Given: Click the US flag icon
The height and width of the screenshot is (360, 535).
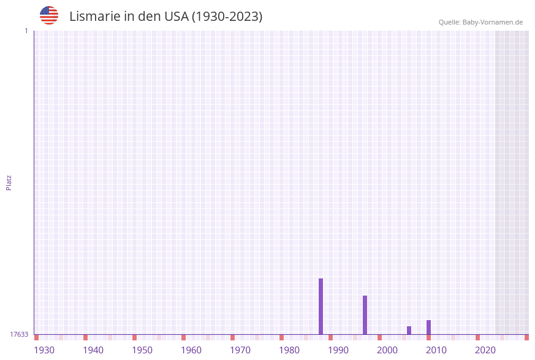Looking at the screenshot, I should pos(49,15).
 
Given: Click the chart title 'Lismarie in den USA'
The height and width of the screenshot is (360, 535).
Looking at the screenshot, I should pos(165,17).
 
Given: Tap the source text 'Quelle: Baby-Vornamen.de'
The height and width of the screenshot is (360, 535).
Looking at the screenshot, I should pos(480,22).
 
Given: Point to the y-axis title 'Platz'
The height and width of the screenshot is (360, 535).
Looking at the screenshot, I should pos(9,182).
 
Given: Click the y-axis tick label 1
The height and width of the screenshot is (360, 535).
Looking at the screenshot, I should pos(26,31).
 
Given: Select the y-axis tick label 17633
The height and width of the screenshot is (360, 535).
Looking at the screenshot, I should pos(19,334).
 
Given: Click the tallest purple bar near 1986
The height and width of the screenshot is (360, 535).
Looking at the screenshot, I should pos(321,307).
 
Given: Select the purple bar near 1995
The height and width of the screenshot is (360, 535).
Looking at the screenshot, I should pos(365,315).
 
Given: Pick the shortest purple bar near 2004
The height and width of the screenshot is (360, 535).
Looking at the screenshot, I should pos(409,330).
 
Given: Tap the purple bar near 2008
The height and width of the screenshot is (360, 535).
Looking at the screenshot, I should pos(428,327).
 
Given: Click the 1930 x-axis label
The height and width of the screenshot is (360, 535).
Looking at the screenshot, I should pos(44,350).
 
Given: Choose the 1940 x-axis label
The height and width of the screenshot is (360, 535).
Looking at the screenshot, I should pos(93,350).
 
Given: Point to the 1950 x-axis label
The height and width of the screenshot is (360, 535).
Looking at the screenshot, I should pos(142,350).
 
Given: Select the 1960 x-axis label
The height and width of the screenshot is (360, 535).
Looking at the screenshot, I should pos(191,350).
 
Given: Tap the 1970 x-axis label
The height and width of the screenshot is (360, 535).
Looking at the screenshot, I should pos(240,350).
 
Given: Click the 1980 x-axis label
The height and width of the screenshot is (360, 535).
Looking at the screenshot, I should pos(289,350).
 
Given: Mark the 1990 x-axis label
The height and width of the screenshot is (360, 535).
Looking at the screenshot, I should pos(338,350).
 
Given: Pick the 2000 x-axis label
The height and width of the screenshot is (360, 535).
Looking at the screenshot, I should pos(387,350).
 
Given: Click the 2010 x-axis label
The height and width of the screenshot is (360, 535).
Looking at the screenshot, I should pos(436,350).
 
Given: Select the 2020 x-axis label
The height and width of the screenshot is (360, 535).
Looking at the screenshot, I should pos(485,350).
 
